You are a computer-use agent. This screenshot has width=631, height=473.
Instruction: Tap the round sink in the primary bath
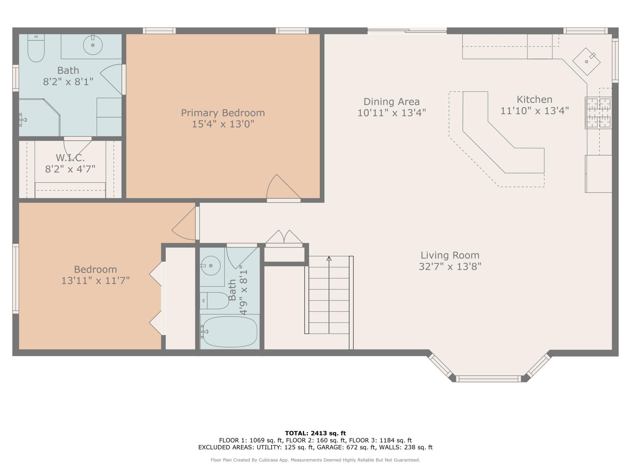coord(93,45)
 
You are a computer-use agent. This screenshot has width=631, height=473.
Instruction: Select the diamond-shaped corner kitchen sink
coord(586,62)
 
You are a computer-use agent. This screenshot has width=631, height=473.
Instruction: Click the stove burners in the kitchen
coord(598,113)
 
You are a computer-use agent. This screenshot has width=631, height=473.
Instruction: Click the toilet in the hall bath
coord(214,300)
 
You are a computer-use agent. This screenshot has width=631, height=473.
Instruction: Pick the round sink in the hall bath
coord(211,266)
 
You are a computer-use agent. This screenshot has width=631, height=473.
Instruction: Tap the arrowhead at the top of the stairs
coord(329,258)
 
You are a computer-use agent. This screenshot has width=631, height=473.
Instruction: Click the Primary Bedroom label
coord(223,113)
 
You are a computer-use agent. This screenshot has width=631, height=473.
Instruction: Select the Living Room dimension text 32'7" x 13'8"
coord(450,267)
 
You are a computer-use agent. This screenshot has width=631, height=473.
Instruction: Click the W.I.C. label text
coord(70,158)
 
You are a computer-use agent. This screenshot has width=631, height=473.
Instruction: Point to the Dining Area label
coord(392,102)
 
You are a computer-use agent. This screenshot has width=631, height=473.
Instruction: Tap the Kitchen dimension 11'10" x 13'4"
coord(535,111)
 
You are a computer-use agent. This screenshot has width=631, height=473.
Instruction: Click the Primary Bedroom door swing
coord(284,186)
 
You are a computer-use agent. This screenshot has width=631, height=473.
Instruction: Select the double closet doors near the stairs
coord(284,237)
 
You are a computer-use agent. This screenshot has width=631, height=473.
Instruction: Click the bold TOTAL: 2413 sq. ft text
coord(315,433)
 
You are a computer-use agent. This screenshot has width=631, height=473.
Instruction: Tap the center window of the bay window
coord(488,378)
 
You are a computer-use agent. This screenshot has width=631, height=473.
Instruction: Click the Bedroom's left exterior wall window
coord(15,279)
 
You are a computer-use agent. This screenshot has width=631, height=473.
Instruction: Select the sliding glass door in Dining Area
coord(407,30)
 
